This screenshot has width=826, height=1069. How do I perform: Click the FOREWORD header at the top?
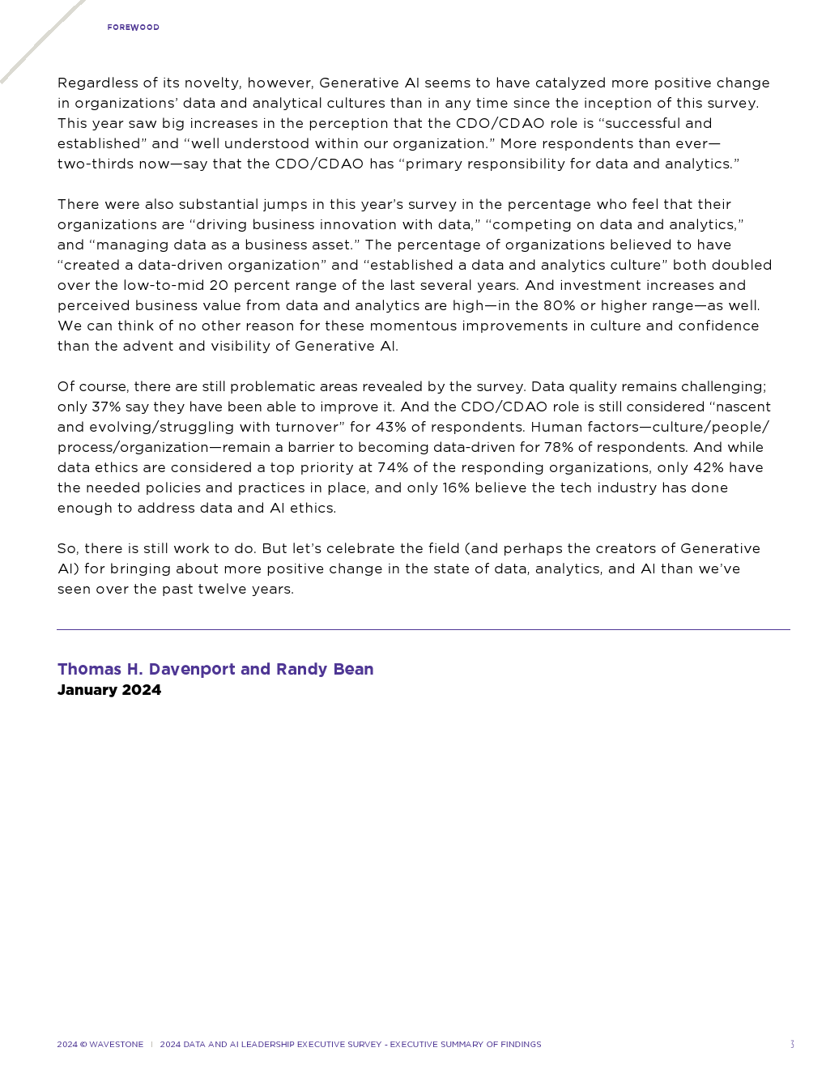[133, 28]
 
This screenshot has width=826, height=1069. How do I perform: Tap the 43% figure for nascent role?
[392, 427]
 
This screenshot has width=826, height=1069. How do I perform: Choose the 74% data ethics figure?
[393, 467]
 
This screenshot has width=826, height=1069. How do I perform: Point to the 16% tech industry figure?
[456, 488]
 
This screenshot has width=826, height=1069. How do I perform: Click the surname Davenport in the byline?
[192, 669]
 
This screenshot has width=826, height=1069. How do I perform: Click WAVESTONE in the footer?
[116, 1045]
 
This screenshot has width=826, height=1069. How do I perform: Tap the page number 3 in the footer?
[792, 1045]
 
